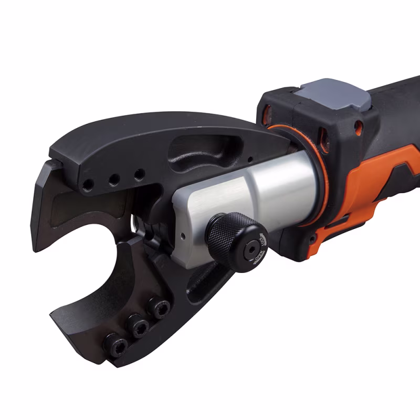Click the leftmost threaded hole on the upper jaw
(88, 184)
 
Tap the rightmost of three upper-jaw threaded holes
(139, 174)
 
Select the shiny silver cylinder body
(273, 189)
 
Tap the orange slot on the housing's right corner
(359, 127)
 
